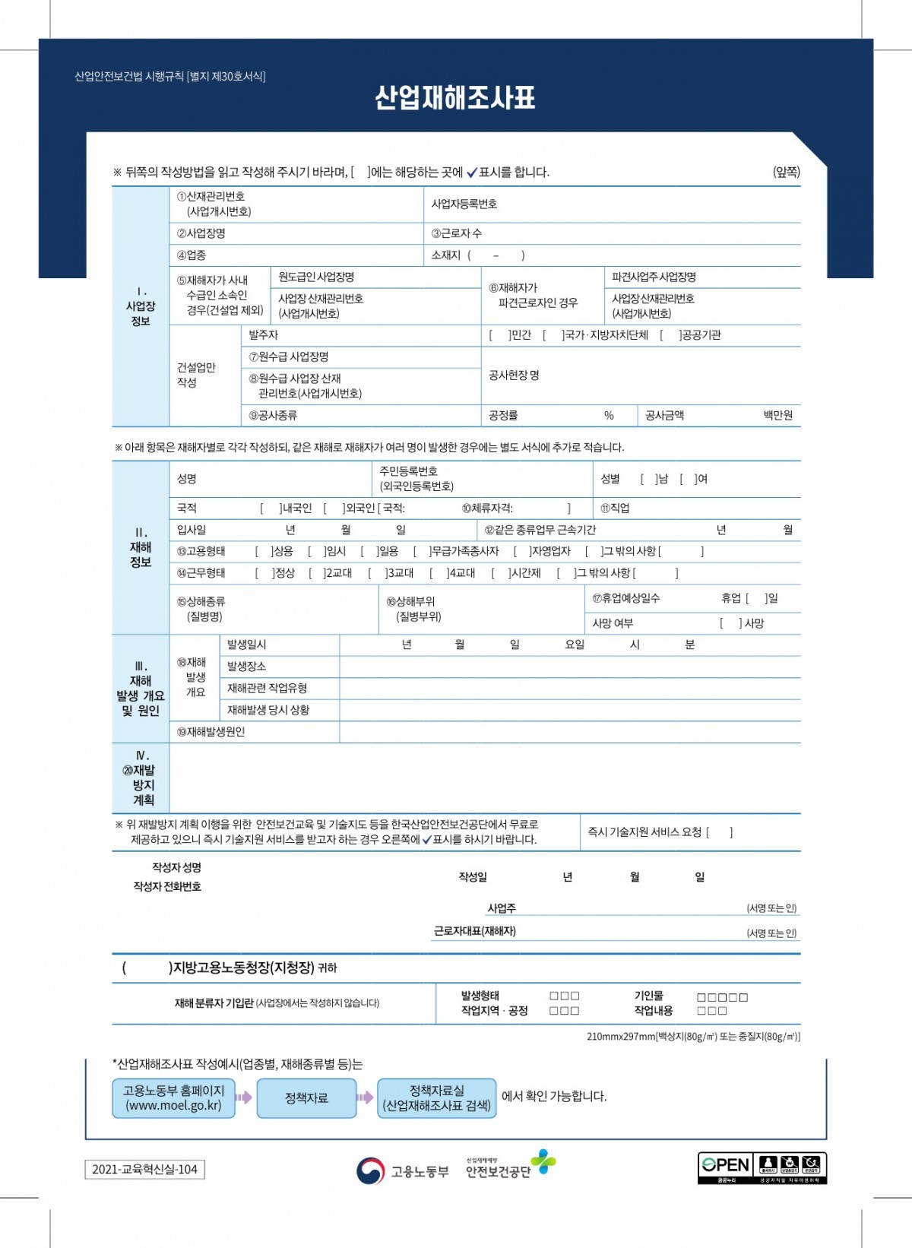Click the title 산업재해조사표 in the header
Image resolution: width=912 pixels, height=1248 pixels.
click(x=454, y=98)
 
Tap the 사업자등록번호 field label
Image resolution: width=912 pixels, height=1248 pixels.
click(x=464, y=204)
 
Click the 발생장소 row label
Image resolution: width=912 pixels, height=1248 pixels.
click(x=246, y=667)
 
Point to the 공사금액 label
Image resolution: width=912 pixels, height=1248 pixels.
click(x=664, y=415)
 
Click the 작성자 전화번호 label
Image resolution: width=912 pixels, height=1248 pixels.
click(x=167, y=886)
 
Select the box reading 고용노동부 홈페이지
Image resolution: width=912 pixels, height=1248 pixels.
click(x=173, y=1098)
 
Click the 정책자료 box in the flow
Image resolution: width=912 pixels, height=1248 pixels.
click(x=306, y=1098)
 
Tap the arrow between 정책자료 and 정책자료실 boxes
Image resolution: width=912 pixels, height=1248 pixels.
click(x=366, y=1098)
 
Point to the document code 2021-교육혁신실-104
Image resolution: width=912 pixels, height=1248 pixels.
click(x=144, y=1170)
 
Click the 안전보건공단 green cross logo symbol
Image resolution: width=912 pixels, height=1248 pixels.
click(x=543, y=1162)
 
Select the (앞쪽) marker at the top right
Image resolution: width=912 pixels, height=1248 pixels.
click(x=786, y=172)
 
